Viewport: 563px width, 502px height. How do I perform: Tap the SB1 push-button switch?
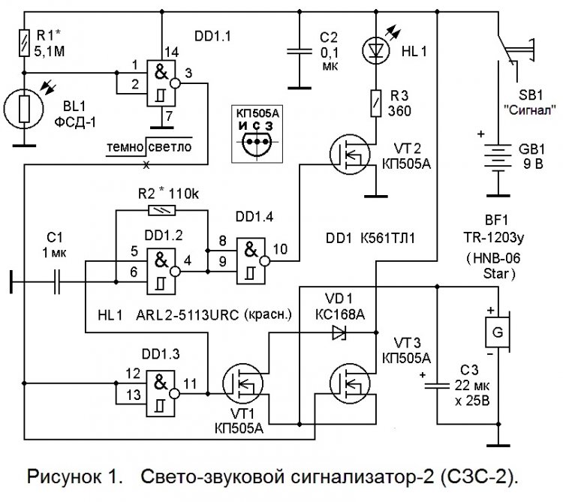click(510, 53)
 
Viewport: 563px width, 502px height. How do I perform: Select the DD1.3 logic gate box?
click(161, 387)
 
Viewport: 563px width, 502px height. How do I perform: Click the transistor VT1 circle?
click(245, 387)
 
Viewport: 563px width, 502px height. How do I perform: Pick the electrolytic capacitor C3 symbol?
click(438, 384)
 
